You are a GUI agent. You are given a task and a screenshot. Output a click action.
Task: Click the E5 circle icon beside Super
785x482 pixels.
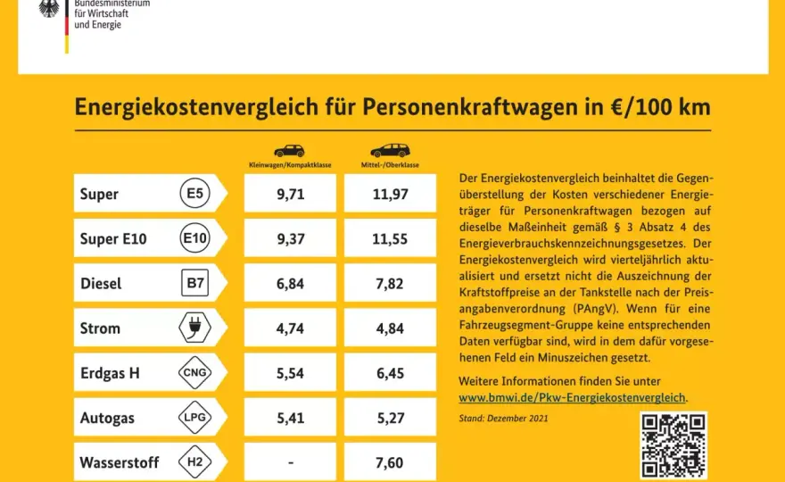tap(194, 193)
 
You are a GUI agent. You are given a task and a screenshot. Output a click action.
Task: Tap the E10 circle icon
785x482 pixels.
tap(194, 238)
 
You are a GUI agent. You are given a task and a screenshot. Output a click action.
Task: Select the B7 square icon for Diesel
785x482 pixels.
tap(194, 283)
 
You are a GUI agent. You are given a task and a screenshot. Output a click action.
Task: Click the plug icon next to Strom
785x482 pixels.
tap(194, 328)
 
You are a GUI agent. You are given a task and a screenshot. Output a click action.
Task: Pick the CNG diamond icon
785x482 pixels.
tap(194, 372)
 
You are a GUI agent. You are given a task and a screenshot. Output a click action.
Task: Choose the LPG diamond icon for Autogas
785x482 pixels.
tap(194, 417)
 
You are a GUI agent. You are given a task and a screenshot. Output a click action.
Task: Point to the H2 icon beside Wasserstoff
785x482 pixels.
tap(194, 461)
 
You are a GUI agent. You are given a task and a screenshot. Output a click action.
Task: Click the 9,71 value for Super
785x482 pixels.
tap(291, 194)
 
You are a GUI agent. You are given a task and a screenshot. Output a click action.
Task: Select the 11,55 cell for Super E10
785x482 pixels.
tap(390, 239)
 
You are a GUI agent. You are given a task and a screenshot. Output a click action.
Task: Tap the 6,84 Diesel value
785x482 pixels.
tap(291, 284)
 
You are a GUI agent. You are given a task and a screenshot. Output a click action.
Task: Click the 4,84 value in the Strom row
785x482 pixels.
tap(390, 328)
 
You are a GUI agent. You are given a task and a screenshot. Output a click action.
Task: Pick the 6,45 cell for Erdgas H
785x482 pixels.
tap(390, 373)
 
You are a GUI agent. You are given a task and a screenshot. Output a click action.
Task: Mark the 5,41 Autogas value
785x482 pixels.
tap(291, 418)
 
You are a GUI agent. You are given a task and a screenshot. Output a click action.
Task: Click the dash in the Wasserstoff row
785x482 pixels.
tap(291, 463)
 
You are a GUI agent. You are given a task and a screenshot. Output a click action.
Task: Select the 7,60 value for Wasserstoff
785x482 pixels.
tap(390, 462)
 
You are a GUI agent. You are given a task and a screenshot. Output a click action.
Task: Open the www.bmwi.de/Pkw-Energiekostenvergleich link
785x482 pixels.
tap(572, 398)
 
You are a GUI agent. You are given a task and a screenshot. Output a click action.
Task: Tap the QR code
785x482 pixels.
tap(673, 445)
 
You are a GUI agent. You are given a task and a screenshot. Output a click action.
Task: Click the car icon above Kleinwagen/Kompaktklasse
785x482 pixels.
tap(289, 150)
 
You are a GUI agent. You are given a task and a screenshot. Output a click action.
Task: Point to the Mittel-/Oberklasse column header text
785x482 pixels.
tap(390, 165)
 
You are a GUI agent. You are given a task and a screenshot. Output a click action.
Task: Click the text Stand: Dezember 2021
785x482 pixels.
tap(503, 419)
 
